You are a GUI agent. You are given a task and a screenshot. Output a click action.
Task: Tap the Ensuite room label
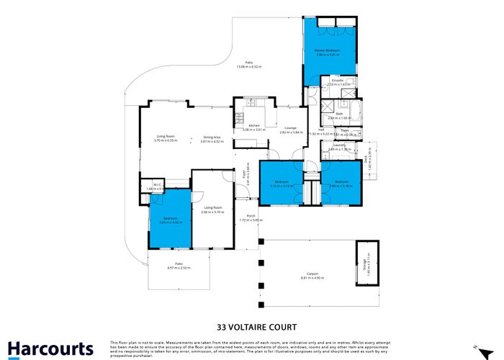point(337,81)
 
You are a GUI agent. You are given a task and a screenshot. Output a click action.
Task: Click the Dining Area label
point(212,137)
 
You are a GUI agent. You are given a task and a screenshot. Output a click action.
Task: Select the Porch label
point(251,215)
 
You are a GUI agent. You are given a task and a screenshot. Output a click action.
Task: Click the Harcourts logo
point(50,348)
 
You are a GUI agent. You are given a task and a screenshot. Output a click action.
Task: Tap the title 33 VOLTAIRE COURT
point(251,325)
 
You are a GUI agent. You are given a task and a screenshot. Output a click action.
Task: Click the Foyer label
point(248,173)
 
